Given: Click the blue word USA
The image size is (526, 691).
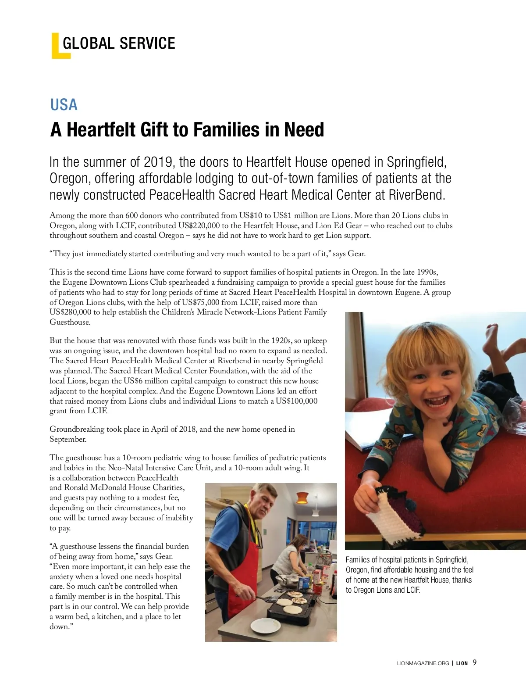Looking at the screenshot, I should [64, 105].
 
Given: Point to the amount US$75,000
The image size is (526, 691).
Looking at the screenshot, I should [201, 302].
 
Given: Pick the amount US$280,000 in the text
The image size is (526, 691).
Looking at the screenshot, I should [70, 312].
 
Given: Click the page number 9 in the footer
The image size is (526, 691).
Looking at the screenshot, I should [475, 662].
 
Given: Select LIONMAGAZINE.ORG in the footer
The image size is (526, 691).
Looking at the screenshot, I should [423, 663].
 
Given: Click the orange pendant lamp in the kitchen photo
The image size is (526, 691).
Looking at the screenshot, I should [302, 498].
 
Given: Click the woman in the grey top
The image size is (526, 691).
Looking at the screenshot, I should [289, 557].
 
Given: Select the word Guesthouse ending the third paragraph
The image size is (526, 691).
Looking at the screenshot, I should [70, 322].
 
